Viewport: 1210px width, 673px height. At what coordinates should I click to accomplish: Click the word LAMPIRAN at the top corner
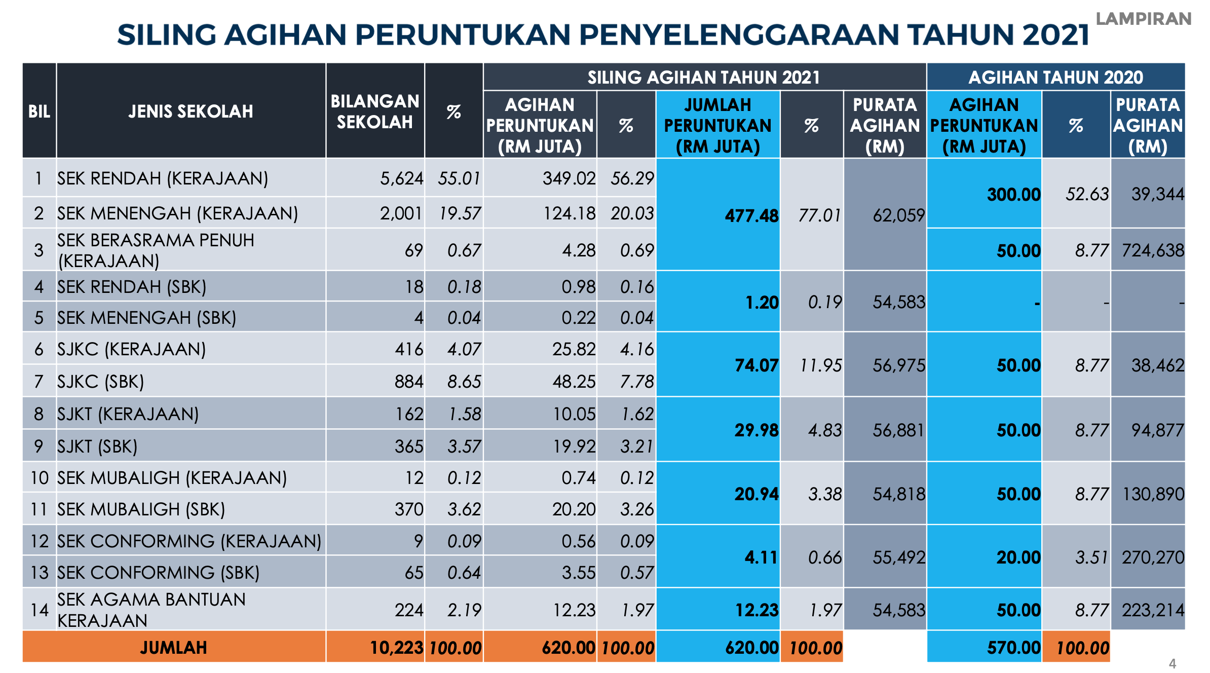pos(1143,19)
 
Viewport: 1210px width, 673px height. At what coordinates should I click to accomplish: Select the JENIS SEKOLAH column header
pos(191,111)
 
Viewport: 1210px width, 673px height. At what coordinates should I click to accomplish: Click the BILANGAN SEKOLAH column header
pos(375,111)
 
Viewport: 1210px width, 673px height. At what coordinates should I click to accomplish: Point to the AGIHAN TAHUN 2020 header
pos(1055,78)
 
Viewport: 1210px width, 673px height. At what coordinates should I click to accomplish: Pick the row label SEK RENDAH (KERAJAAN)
pos(163,178)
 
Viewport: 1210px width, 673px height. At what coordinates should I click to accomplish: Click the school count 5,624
pos(401,178)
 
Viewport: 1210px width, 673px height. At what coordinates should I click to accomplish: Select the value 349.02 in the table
pos(569,178)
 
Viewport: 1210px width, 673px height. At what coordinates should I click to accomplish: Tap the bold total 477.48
pos(751,216)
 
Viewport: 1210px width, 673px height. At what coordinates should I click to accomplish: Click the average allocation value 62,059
pos(898,216)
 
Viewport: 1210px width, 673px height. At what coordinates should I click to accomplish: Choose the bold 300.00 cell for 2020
pos(1013,195)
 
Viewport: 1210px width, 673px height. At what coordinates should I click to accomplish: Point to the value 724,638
pos(1153,250)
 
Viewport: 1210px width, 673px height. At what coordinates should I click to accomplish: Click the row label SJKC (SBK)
pos(101,382)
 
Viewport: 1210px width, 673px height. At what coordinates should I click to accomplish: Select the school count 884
pos(408,382)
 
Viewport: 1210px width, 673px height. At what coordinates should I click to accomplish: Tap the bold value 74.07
pos(756,365)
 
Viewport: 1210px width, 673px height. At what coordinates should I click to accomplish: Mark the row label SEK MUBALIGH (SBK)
pos(141,509)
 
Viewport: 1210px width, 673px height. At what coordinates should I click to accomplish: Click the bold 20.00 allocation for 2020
pos(1018,557)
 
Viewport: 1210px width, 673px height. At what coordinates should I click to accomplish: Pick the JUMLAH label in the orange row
pos(173,648)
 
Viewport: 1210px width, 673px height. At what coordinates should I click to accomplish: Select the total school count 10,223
pos(396,648)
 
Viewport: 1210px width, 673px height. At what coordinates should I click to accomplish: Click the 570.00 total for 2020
pos(1013,648)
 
